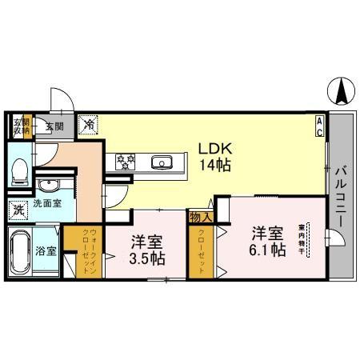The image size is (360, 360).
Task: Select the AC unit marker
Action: click(x=319, y=126)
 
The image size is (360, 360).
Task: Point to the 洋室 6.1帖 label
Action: click(x=267, y=241)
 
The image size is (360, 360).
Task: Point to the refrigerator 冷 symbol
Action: click(x=90, y=124)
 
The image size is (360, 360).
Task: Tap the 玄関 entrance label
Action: click(x=54, y=126)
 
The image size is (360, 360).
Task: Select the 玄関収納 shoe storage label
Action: click(x=19, y=126)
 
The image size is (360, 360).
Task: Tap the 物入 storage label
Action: click(x=199, y=216)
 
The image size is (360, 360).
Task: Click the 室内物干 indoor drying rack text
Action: click(x=302, y=238)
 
